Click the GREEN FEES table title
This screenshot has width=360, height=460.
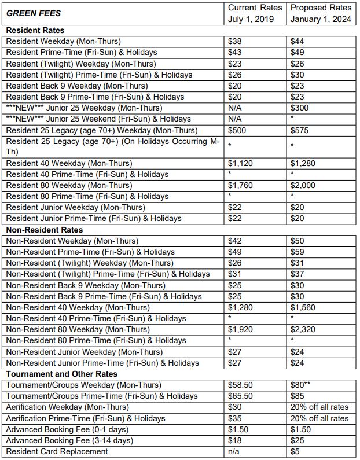click(34, 13)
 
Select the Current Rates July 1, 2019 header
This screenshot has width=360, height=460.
click(255, 13)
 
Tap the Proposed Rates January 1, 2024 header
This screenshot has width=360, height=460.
click(321, 13)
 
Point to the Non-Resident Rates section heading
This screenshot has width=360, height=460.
click(43, 230)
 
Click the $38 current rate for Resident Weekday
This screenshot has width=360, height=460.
click(235, 41)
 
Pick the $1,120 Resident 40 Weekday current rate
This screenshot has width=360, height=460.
click(241, 163)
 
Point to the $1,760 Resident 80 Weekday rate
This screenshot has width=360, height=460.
click(241, 185)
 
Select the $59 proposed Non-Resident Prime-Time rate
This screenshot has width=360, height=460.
click(297, 252)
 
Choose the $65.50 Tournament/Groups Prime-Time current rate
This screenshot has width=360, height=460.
click(241, 396)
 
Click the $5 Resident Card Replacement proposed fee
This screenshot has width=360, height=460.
click(295, 451)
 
